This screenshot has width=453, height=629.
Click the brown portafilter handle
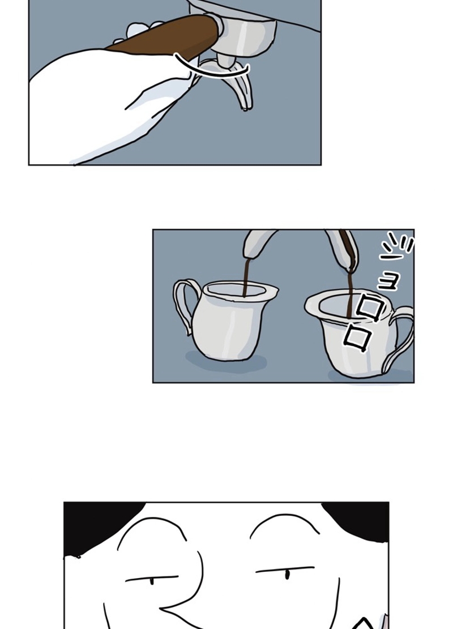pyautogui.click(x=169, y=38)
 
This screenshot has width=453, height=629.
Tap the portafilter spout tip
pyautogui.click(x=246, y=108)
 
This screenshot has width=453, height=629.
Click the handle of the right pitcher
pyautogui.click(x=400, y=337)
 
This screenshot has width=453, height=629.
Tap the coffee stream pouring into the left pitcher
pyautogui.click(x=246, y=277)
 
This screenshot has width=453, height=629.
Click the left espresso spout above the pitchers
pyautogui.click(x=259, y=243)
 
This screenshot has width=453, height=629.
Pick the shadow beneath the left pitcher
pyautogui.click(x=226, y=363)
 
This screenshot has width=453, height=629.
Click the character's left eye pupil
pyautogui.click(x=152, y=581)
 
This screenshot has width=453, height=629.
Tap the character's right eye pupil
pyautogui.click(x=287, y=575)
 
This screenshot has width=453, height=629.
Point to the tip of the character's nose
pyautogui.click(x=162, y=609)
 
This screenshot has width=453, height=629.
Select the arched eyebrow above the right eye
pyautogui.click(x=284, y=522)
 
